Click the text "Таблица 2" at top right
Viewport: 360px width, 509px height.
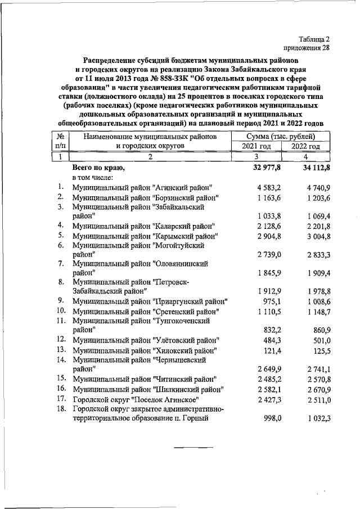pos(310,39)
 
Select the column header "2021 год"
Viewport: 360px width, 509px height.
pos(256,146)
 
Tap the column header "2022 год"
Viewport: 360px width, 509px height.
pos(305,146)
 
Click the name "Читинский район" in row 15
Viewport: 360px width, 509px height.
pos(183,379)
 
